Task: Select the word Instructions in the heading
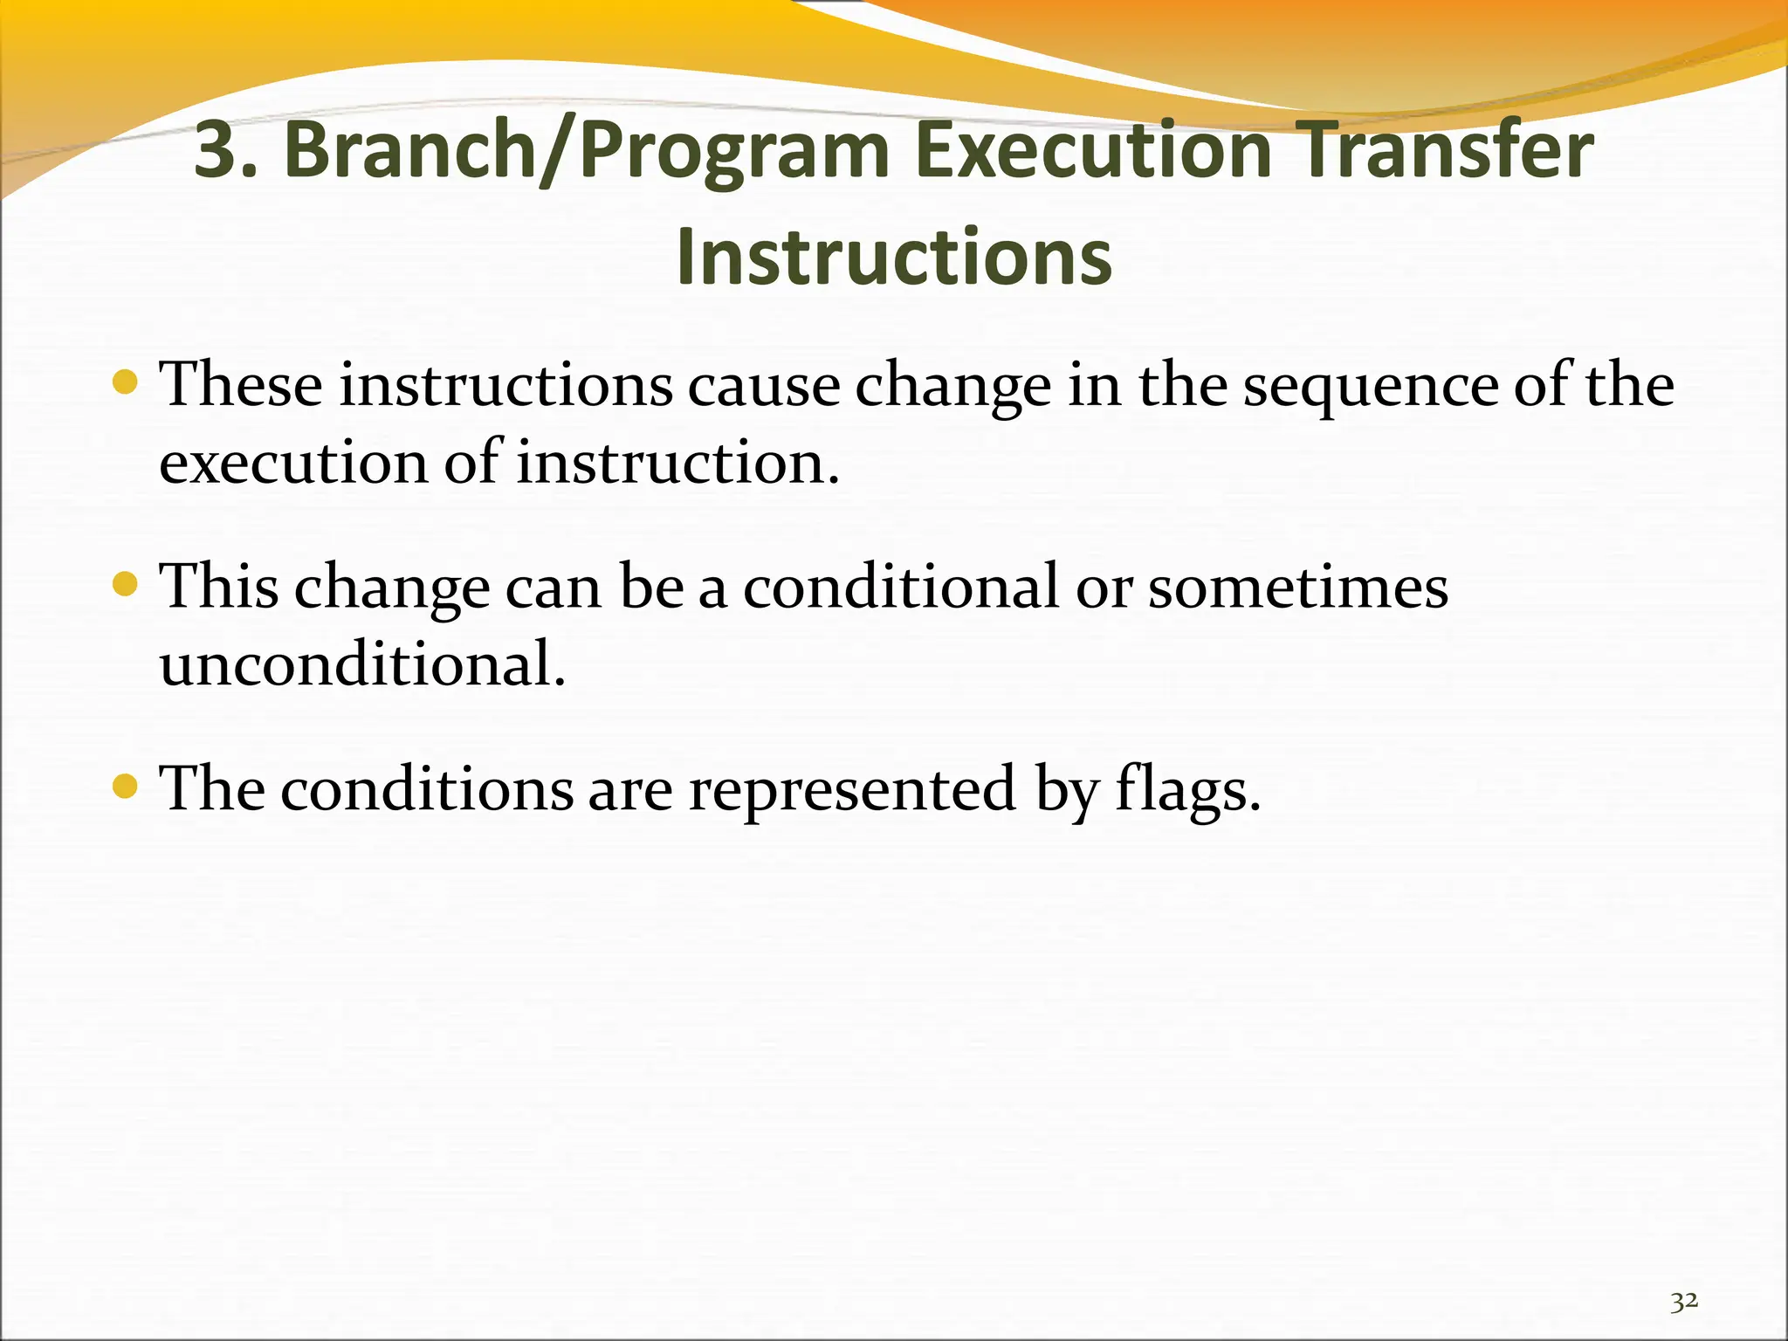click(x=894, y=257)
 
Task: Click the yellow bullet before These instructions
click(x=126, y=382)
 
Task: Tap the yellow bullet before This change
click(x=126, y=584)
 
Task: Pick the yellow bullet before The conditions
click(x=126, y=787)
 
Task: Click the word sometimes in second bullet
click(x=1298, y=587)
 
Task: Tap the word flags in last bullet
click(x=1187, y=790)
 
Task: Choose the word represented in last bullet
click(x=853, y=790)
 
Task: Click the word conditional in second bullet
click(x=901, y=587)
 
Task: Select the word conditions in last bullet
click(x=427, y=790)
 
